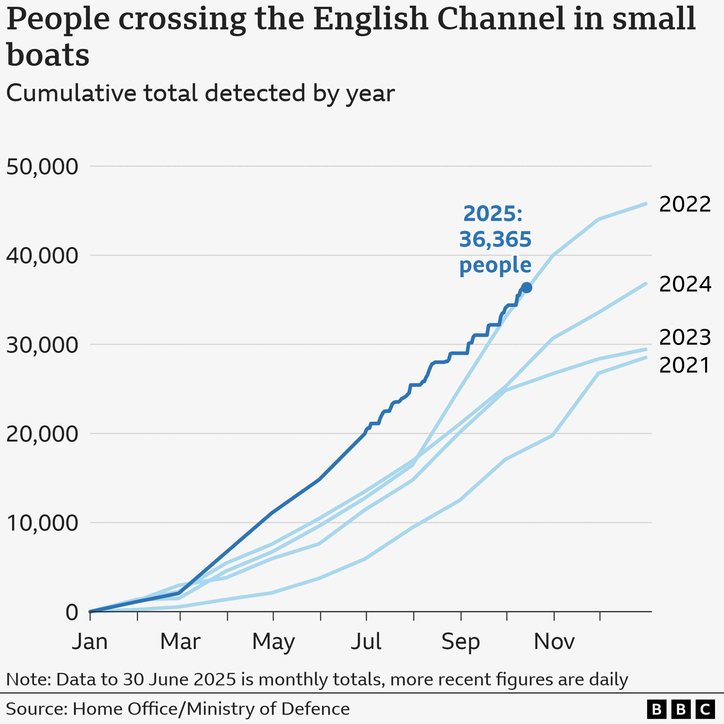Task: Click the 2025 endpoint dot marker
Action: [526, 288]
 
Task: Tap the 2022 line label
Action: [684, 204]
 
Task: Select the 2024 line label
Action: [685, 284]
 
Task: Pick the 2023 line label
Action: [684, 337]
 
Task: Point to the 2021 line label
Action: [684, 365]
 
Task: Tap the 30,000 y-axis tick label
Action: [42, 345]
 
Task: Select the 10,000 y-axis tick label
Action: [42, 523]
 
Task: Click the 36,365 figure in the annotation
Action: [495, 239]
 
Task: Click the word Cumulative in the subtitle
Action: [71, 93]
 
